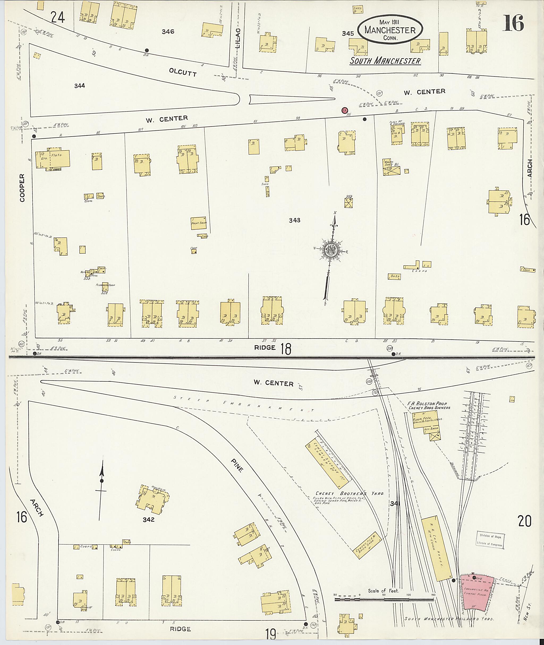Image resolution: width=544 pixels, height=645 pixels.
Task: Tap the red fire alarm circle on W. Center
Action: (345, 110)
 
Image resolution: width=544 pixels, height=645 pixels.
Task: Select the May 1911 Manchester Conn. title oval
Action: (390, 30)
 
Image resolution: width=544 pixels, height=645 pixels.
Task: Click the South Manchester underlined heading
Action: (385, 61)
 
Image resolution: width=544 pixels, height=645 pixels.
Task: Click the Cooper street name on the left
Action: (22, 188)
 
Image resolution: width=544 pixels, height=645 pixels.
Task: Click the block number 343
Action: (295, 220)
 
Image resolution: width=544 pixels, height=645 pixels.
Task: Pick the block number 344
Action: (80, 86)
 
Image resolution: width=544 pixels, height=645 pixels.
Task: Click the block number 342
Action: (148, 519)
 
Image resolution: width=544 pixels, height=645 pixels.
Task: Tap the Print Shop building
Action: (199, 223)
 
